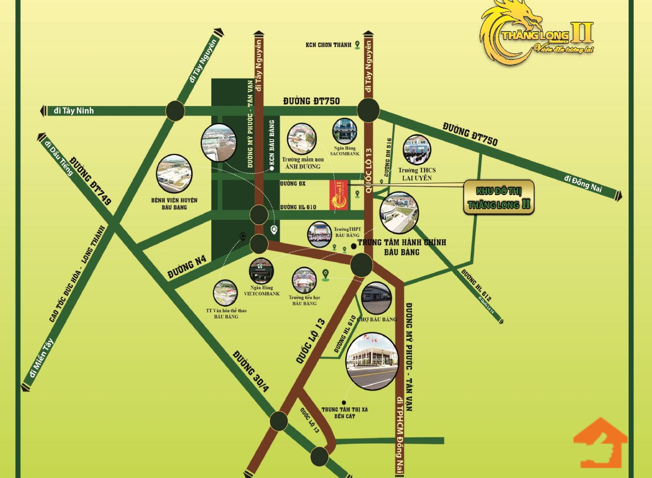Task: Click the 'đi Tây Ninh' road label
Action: pyautogui.click(x=74, y=111)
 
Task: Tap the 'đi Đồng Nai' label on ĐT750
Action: pyautogui.click(x=584, y=183)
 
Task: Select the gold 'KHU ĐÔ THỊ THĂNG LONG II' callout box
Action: pyautogui.click(x=499, y=197)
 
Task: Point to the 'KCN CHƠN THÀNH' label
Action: pyautogui.click(x=328, y=45)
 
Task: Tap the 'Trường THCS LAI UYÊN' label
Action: pyautogui.click(x=416, y=174)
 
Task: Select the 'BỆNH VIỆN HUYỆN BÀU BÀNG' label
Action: pyautogui.click(x=174, y=203)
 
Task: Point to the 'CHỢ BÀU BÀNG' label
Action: pyautogui.click(x=377, y=319)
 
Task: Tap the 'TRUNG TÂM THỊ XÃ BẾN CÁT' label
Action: pyautogui.click(x=345, y=412)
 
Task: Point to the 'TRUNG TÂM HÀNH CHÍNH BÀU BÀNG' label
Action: pyautogui.click(x=402, y=247)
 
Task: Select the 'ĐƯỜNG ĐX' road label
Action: pyautogui.click(x=293, y=184)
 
